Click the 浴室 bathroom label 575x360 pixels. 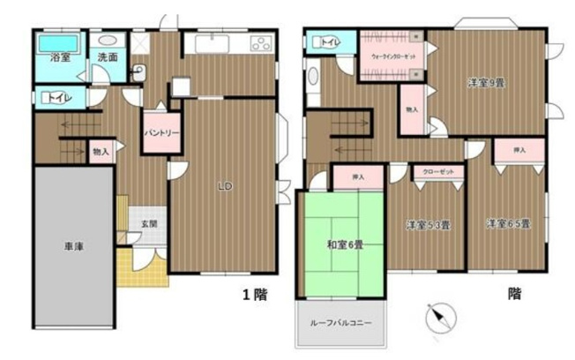59,58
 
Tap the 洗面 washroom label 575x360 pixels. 108,58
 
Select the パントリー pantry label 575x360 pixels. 161,132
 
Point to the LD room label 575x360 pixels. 225,186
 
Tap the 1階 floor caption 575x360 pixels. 255,296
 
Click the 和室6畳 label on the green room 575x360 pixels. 341,244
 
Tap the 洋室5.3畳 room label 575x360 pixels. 429,225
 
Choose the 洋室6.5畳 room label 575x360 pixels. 506,225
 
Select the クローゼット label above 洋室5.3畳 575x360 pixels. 437,172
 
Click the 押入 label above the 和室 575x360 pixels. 358,177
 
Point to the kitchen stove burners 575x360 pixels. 261,44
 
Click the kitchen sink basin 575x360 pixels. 209,45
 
